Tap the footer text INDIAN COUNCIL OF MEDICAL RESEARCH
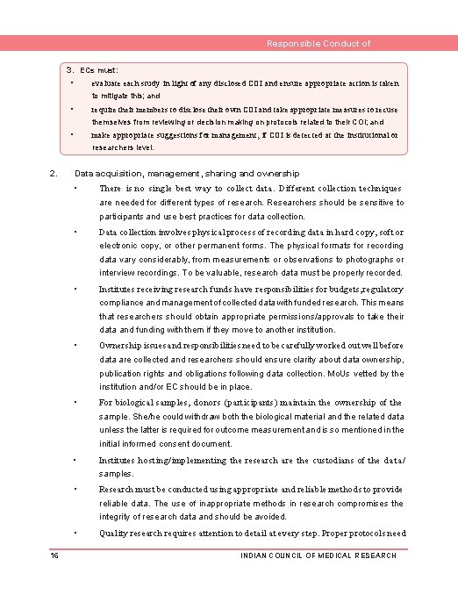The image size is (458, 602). [318, 555]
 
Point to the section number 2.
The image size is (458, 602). [54, 174]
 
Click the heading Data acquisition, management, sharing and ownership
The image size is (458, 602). [187, 174]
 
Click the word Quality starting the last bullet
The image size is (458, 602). [114, 533]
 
